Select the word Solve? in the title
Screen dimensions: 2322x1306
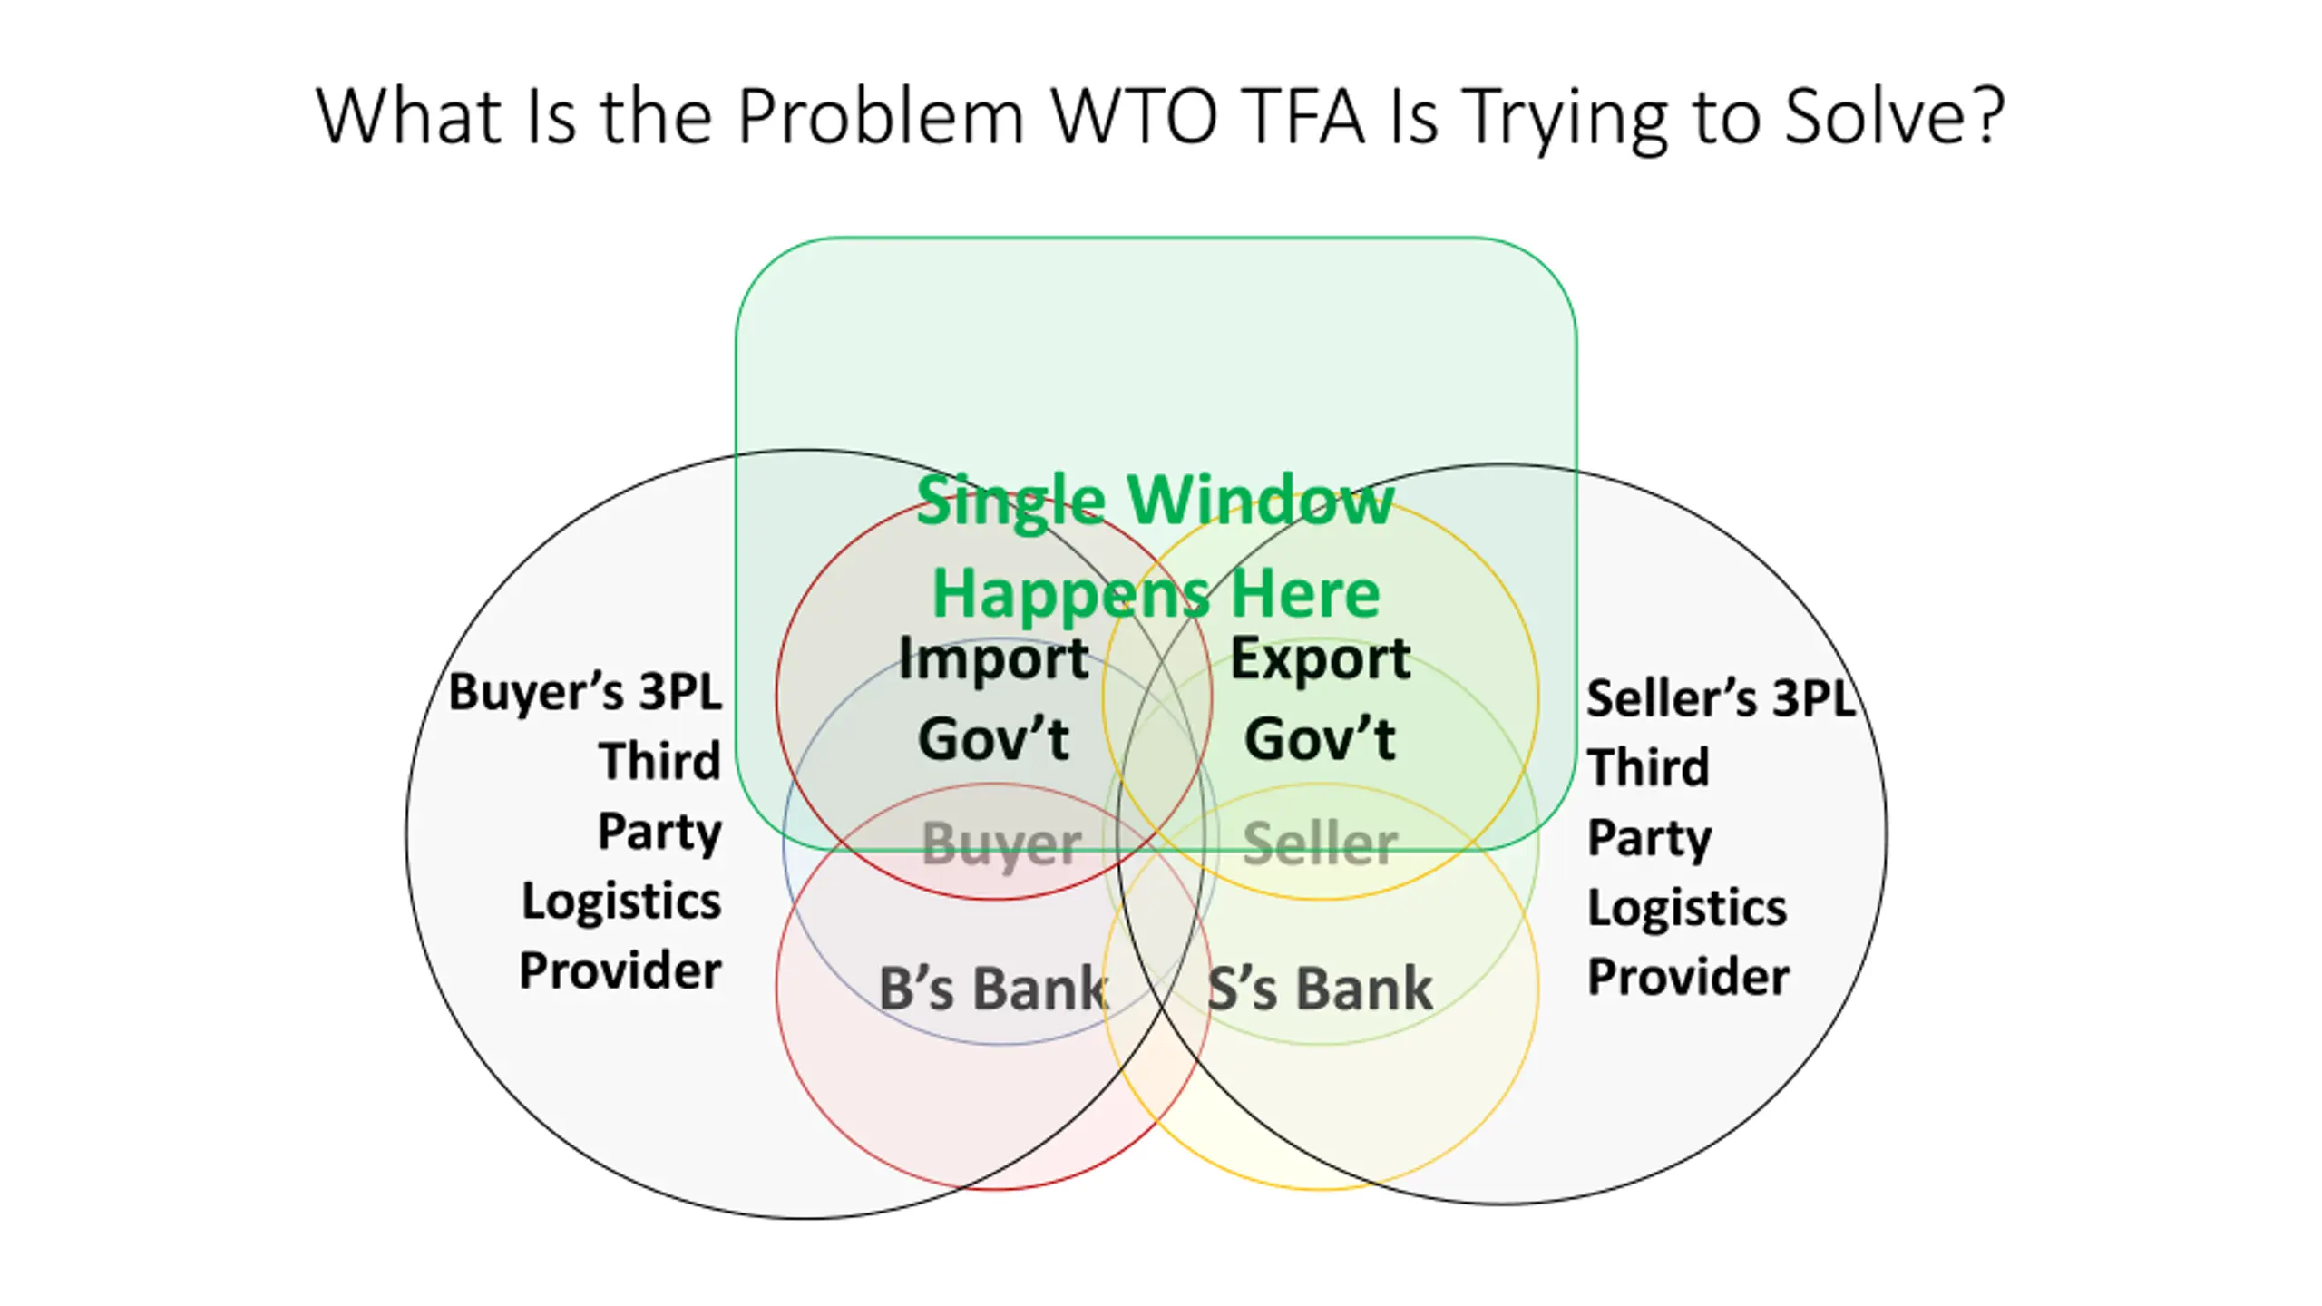click(1895, 116)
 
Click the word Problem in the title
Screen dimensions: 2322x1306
click(881, 116)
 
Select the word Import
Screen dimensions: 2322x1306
click(993, 659)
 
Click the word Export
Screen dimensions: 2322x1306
click(1321, 659)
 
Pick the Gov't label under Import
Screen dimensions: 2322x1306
click(993, 738)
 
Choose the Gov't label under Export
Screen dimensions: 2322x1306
click(1320, 738)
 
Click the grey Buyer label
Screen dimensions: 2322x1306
click(1001, 845)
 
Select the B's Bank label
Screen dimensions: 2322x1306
click(994, 988)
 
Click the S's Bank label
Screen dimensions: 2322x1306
click(1321, 988)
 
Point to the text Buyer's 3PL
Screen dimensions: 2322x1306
click(585, 693)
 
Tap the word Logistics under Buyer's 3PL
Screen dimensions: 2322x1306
click(621, 902)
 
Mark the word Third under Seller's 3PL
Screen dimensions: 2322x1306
click(1648, 767)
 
